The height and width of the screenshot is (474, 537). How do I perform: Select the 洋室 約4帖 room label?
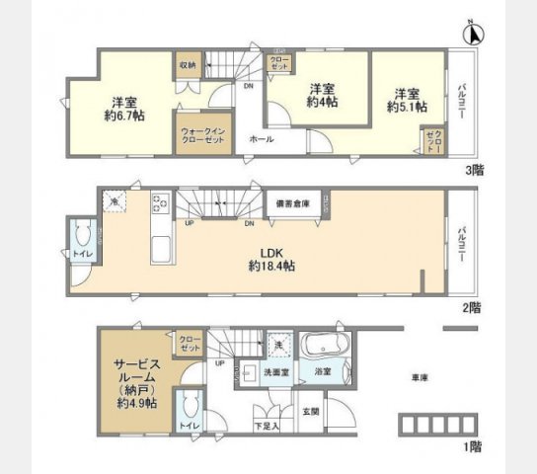coord(318,94)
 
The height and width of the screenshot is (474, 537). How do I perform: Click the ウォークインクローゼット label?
coord(201,134)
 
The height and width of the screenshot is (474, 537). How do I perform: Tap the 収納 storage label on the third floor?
coord(188,65)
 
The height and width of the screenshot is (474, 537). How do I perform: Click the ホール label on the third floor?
coord(262,140)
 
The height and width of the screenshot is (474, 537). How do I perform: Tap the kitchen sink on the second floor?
coord(161,247)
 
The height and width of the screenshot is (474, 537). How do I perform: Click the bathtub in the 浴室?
coord(324,348)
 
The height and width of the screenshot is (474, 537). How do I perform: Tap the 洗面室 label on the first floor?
coord(276,372)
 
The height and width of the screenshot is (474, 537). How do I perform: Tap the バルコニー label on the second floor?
coord(461,243)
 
